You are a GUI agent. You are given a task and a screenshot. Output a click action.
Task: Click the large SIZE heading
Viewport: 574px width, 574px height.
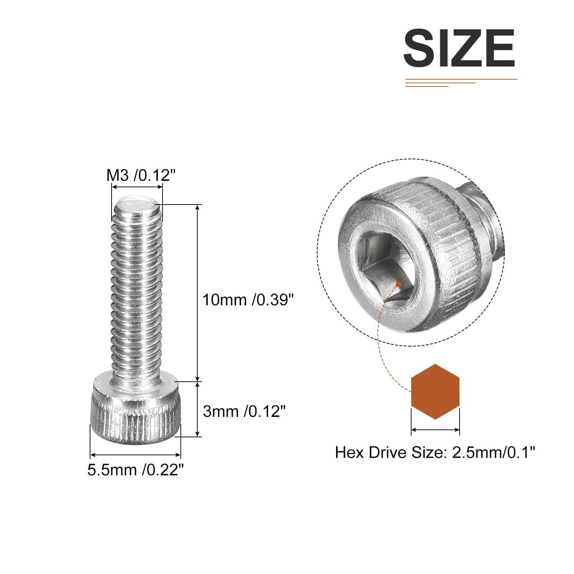pyautogui.click(x=459, y=48)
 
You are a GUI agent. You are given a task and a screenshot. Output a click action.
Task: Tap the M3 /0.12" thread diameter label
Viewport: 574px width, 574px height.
pyautogui.click(x=141, y=175)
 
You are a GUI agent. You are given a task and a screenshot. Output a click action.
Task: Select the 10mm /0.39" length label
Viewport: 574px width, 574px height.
pyautogui.click(x=248, y=300)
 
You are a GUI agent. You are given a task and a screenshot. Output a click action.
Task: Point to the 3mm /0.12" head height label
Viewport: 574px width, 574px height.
pyautogui.click(x=244, y=411)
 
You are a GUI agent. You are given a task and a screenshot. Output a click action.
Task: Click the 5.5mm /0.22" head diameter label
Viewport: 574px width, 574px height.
pyautogui.click(x=136, y=470)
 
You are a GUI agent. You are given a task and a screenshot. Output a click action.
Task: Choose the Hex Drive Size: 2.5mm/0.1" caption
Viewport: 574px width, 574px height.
pyautogui.click(x=435, y=452)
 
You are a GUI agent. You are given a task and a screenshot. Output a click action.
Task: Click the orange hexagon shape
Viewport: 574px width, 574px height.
pyautogui.click(x=435, y=391)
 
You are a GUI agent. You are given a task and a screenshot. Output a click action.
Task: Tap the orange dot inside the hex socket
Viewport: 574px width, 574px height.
pyautogui.click(x=398, y=284)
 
